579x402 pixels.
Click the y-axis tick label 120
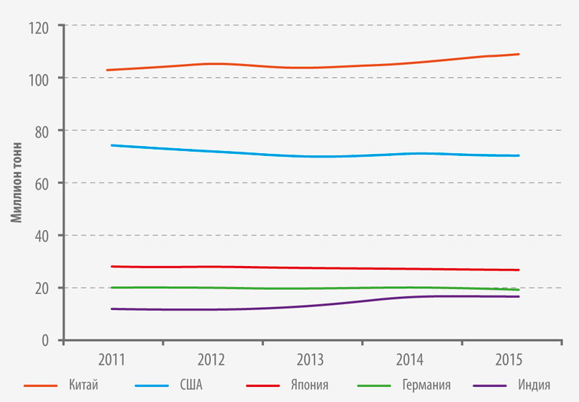click(x=38, y=29)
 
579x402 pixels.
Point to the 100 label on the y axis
click(x=38, y=81)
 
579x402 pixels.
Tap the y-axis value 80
click(x=42, y=133)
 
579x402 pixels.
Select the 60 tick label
click(x=42, y=186)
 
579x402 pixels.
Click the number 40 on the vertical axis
click(x=42, y=237)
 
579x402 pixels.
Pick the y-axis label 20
click(x=42, y=289)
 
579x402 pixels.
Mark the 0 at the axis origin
click(x=45, y=340)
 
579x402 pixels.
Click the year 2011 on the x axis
click(x=111, y=360)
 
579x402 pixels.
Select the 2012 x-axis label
click(x=211, y=360)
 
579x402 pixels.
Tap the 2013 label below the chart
click(x=310, y=360)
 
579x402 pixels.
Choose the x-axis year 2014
click(x=409, y=360)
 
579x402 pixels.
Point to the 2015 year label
click(x=509, y=360)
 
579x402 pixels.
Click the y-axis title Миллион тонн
click(x=17, y=183)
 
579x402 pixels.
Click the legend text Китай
click(x=83, y=385)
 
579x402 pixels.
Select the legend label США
click(x=191, y=385)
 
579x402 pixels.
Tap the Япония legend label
click(x=309, y=385)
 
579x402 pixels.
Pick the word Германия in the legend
click(x=427, y=385)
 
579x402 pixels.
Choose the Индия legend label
click(x=534, y=385)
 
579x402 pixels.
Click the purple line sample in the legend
click(x=490, y=385)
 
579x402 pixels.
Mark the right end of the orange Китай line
click(x=519, y=54)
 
